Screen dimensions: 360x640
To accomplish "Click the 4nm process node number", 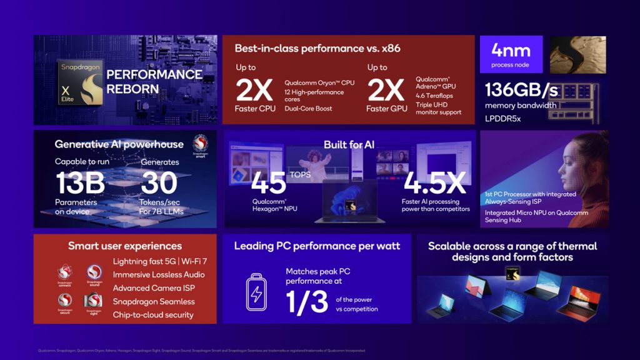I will tap(511, 51).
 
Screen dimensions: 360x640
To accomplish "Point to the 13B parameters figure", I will tap(80, 182).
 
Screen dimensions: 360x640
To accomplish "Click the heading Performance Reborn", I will tap(154, 81).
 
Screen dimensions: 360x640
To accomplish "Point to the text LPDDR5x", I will tap(504, 117).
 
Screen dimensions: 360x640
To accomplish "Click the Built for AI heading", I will tap(349, 145).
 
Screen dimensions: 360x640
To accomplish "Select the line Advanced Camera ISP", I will tap(153, 288).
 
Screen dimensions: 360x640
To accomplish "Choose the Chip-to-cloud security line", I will tap(153, 314).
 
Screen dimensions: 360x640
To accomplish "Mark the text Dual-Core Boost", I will tap(308, 109).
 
